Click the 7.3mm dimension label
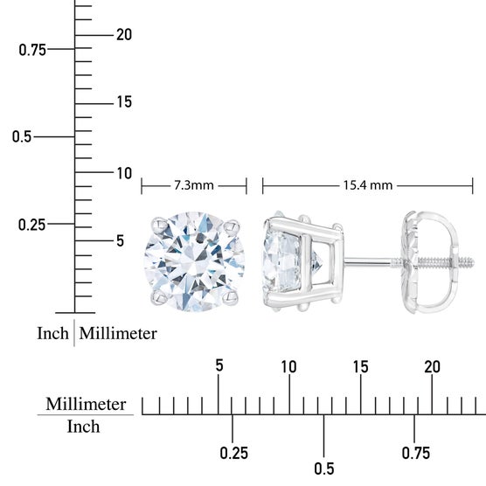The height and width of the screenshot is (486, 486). click(x=194, y=185)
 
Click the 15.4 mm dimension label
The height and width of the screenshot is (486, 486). click(x=368, y=185)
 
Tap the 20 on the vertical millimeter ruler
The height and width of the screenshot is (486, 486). click(x=124, y=34)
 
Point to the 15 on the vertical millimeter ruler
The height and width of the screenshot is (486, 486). click(x=124, y=102)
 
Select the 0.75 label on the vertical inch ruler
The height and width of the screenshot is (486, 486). click(x=32, y=50)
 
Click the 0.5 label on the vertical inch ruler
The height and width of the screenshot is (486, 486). click(x=22, y=136)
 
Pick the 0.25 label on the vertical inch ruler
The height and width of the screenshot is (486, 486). click(x=32, y=225)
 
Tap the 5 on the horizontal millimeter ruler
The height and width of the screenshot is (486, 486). click(x=219, y=365)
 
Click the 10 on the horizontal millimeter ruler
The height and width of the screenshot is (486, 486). click(x=288, y=366)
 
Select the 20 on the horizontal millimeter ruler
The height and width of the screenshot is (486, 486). click(x=432, y=366)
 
